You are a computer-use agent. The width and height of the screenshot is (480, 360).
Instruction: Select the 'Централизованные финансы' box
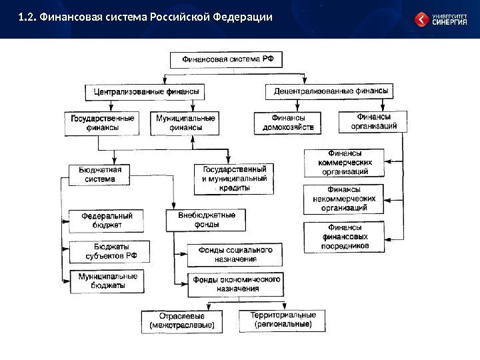(x=145, y=90)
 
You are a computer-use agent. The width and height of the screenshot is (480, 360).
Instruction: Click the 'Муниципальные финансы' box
(x=186, y=123)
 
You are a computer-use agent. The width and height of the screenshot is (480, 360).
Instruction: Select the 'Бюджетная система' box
(x=99, y=174)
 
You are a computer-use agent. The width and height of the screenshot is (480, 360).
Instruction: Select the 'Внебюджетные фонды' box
(x=205, y=220)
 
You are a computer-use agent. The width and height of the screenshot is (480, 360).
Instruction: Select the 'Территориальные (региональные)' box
(x=283, y=320)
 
